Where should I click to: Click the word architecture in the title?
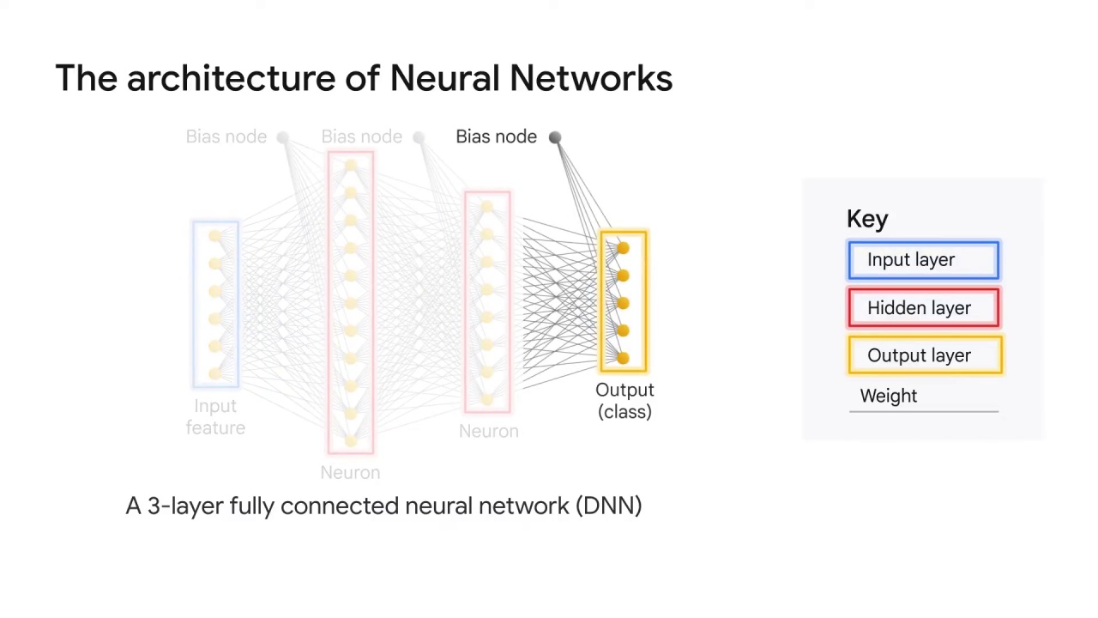coord(231,78)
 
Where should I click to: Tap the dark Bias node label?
coord(496,137)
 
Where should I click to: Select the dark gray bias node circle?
coord(555,137)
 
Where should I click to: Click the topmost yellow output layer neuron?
coord(623,248)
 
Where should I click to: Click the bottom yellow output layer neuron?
coord(623,358)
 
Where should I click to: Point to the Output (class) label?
coord(624,401)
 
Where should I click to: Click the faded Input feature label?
coord(215,417)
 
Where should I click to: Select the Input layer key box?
coord(923,260)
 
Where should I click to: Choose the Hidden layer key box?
coord(923,308)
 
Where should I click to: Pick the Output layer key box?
coord(924,355)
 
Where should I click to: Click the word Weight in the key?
coord(888,396)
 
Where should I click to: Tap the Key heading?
coord(866,220)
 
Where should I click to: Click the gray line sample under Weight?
coord(923,412)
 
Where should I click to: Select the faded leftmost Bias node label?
coord(226,137)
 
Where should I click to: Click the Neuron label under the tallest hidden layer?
coord(350,473)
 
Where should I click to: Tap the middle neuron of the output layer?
coord(623,303)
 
